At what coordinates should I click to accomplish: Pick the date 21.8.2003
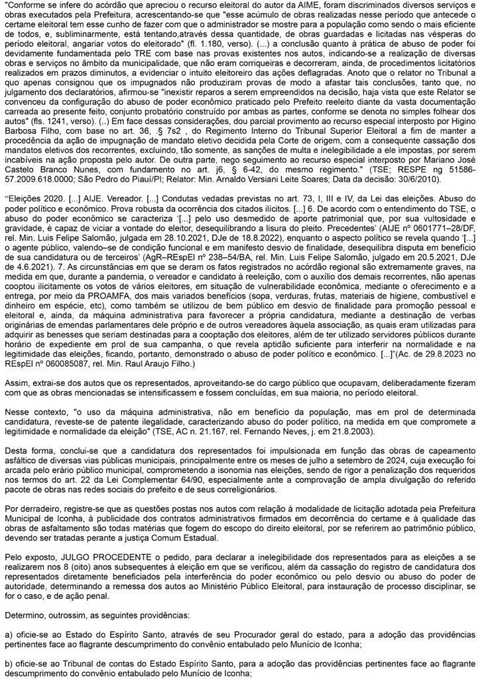[x=361, y=429]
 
